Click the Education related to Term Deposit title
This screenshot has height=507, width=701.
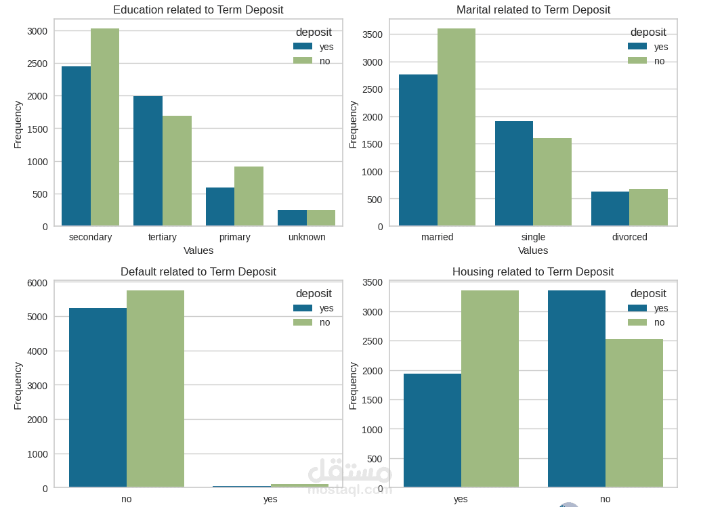[198, 10]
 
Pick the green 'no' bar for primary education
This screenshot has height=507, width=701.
[249, 196]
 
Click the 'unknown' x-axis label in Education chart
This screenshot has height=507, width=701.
[307, 237]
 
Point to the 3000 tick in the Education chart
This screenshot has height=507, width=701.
[37, 31]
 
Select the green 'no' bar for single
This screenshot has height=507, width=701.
[552, 182]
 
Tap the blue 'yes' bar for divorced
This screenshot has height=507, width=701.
[610, 208]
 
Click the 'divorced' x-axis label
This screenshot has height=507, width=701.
[629, 237]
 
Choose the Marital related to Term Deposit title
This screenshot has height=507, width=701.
[533, 10]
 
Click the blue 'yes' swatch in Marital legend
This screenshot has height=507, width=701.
[637, 47]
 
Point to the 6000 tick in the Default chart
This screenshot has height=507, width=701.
[37, 283]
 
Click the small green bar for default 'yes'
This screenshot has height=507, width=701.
[299, 485]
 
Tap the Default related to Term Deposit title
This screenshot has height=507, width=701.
[198, 272]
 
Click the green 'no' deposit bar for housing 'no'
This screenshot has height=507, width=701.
[634, 413]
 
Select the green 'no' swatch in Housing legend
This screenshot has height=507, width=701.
[637, 322]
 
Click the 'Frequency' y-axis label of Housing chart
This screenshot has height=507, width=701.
[353, 386]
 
